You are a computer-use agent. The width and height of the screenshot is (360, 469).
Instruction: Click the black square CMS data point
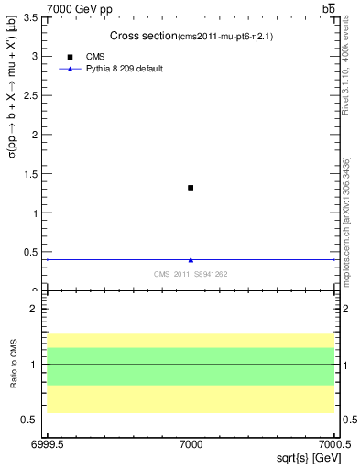pyautogui.click(x=191, y=188)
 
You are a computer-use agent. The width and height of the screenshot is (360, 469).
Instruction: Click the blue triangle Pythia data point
pyautogui.click(x=191, y=260)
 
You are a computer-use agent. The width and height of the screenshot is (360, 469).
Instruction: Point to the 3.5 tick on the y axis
pyautogui.click(x=33, y=17)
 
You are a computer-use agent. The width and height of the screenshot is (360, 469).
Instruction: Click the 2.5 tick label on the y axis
pyautogui.click(x=33, y=96)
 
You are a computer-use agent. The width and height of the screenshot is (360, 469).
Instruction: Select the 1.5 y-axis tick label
pyautogui.click(x=33, y=174)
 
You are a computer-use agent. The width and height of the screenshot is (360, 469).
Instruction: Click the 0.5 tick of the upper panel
pyautogui.click(x=33, y=253)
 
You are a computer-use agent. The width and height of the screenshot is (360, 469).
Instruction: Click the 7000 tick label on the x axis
pyautogui.click(x=191, y=444)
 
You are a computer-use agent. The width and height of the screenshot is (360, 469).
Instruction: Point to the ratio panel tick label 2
pyautogui.click(x=36, y=310)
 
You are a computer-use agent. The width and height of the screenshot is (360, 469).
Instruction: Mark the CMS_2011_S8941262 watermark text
pyautogui.click(x=191, y=274)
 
